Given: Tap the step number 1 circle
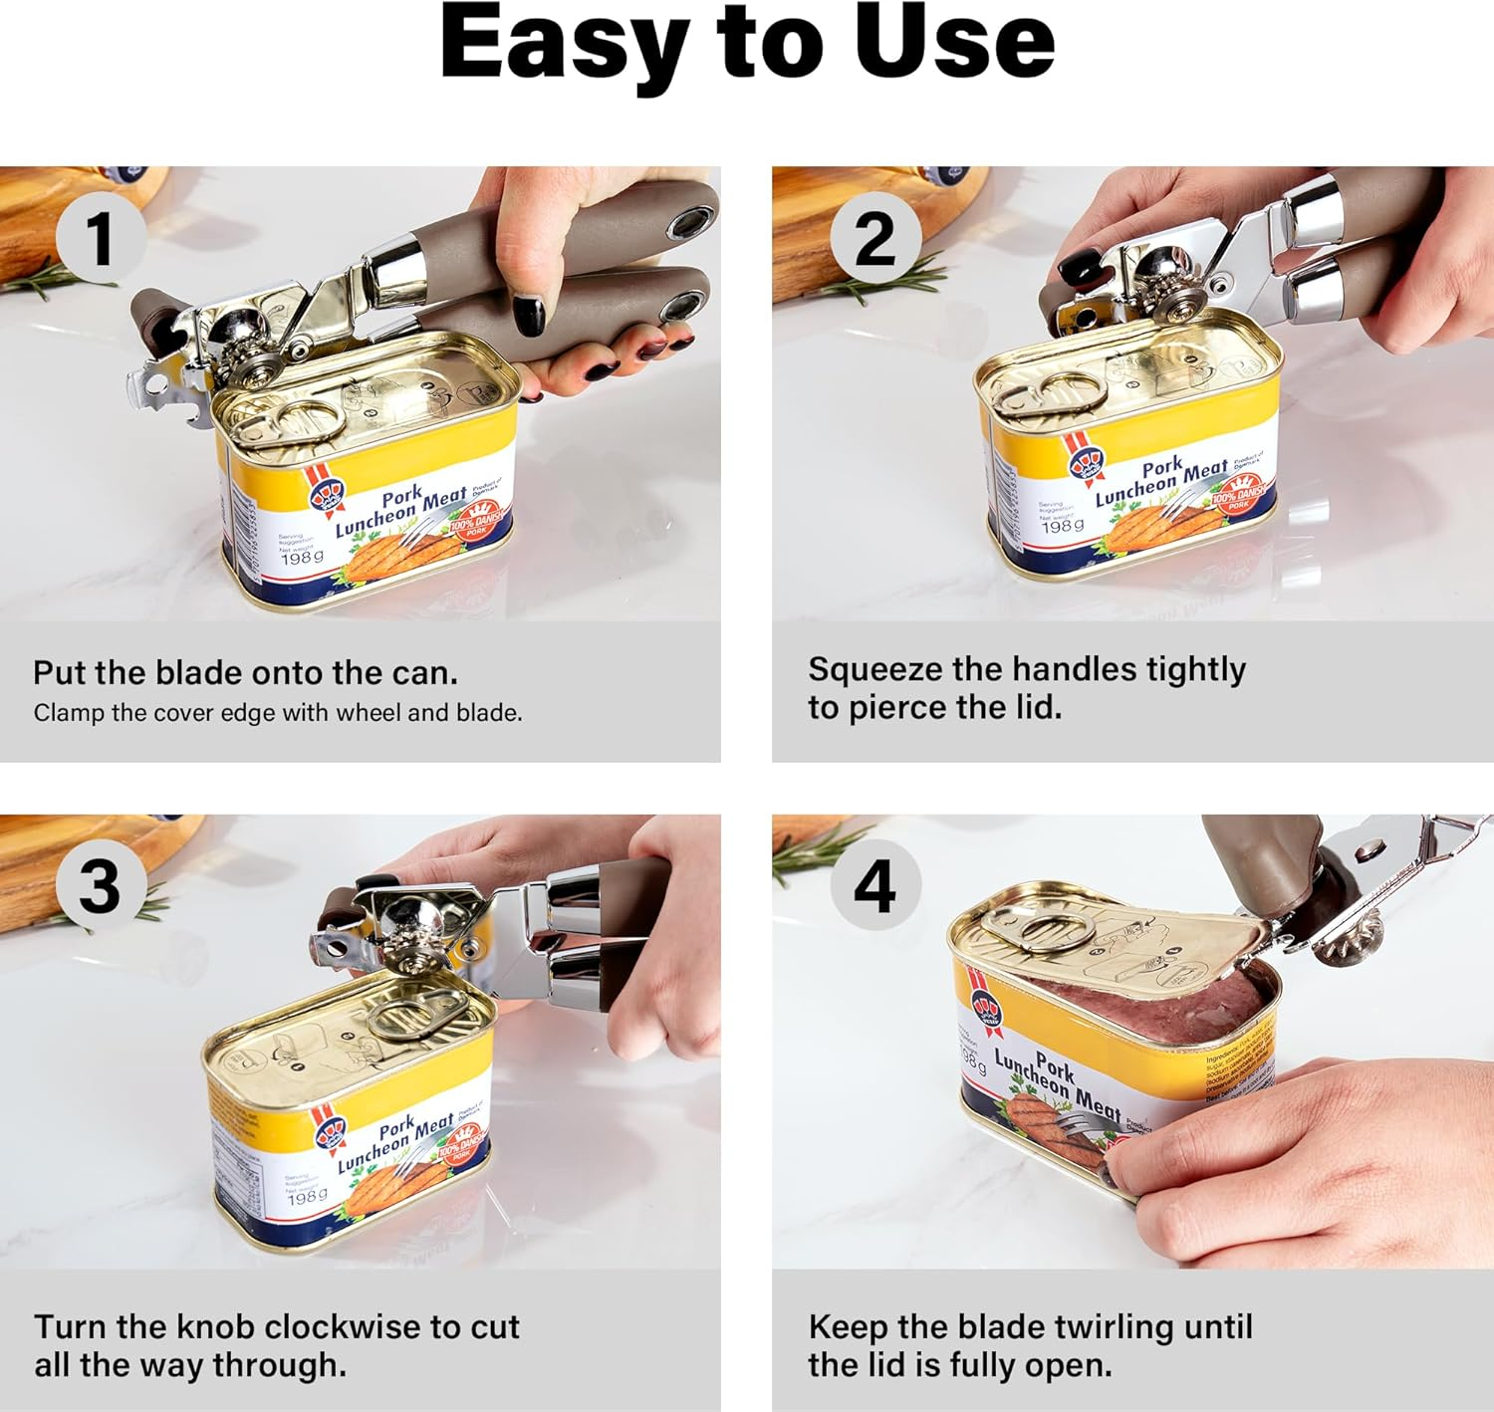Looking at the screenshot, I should pos(100,238).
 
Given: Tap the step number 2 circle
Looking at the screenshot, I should pos(874,238).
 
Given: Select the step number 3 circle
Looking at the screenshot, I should pos(100,885).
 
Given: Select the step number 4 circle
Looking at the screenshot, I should pos(874,885).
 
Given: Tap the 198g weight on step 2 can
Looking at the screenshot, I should pos(1062,525).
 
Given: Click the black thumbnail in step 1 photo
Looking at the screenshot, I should pos(529,316).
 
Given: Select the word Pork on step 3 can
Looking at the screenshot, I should pos(396,1130).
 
